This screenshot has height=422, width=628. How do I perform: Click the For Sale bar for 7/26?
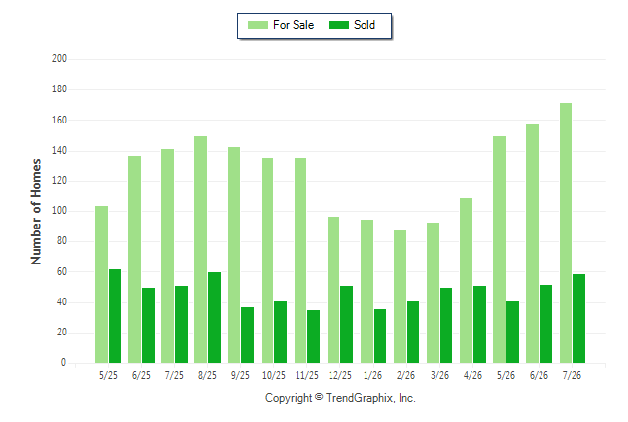pos(566,232)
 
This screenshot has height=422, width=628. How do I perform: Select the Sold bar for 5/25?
pos(115,316)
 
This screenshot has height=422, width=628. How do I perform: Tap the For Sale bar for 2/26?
pos(400,297)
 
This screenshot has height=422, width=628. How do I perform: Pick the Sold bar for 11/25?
pos(314,336)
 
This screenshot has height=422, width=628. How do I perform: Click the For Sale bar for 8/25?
pos(200,249)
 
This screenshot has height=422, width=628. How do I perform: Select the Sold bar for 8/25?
pos(214,317)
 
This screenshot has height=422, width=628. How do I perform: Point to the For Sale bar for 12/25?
pos(333,290)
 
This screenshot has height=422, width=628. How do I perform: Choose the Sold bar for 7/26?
pos(578,318)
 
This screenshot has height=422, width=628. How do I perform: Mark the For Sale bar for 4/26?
pos(466,281)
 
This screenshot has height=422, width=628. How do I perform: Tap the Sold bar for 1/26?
pos(380,335)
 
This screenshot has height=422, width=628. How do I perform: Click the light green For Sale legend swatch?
pos(258,25)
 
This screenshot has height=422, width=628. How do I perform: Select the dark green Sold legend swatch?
pos(339,25)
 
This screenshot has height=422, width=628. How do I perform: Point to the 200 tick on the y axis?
pos(59,59)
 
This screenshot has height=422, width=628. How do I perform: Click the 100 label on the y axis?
pos(59,211)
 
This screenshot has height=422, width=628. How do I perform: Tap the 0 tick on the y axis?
pos(63,363)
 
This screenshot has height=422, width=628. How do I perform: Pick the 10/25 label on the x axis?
pos(274,375)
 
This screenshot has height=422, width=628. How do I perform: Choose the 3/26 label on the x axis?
pos(439,375)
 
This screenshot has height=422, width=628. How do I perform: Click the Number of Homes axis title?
pos(36,212)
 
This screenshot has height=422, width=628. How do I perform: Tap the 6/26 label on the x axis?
pos(539,375)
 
